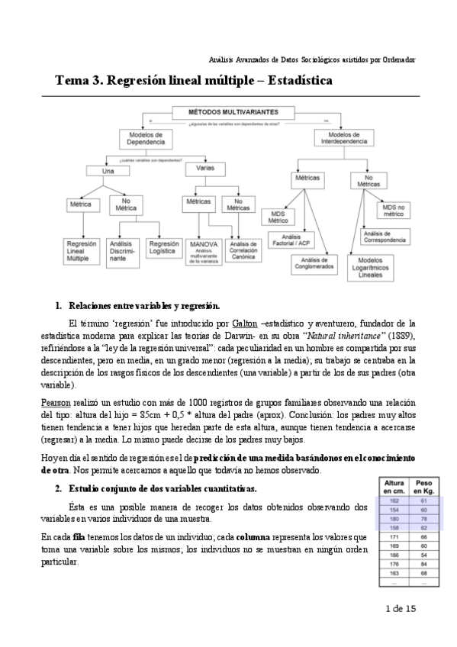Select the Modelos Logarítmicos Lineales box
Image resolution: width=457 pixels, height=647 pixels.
[x=375, y=266]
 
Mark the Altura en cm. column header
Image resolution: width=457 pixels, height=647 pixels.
[x=394, y=487]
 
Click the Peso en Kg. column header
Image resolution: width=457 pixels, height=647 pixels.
[x=423, y=487]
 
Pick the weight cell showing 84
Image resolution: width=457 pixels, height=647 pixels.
[x=423, y=564]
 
